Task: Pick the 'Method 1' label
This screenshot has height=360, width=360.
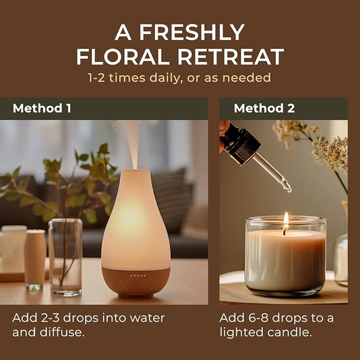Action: click(42, 109)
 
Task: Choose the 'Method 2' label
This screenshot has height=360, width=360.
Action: click(264, 109)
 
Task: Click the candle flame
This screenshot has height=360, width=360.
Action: click(286, 220)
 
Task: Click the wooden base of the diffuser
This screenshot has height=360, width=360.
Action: click(136, 281)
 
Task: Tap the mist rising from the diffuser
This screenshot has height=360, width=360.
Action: click(133, 143)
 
